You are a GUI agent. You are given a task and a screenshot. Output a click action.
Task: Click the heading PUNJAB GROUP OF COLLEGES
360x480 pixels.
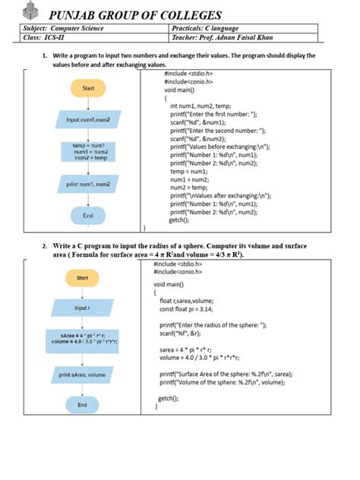pos(135,15)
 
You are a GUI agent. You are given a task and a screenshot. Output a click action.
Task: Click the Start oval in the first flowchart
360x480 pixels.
pos(88,88)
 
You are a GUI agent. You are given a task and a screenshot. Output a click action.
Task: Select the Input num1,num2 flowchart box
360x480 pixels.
pos(88,119)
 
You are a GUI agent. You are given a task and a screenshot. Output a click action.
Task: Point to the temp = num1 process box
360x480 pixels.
pos(88,150)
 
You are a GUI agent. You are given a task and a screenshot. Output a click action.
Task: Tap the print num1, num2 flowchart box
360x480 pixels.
pos(88,185)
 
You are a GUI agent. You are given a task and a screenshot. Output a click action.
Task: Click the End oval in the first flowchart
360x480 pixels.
pos(88,216)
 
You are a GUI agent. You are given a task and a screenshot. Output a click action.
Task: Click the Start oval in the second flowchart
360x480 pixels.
pos(83,278)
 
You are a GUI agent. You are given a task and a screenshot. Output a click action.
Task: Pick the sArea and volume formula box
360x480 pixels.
pos(83,338)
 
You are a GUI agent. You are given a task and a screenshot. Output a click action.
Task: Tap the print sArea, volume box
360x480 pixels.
pos(83,374)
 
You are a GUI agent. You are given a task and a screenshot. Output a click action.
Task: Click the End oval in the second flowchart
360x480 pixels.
pos(83,406)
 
